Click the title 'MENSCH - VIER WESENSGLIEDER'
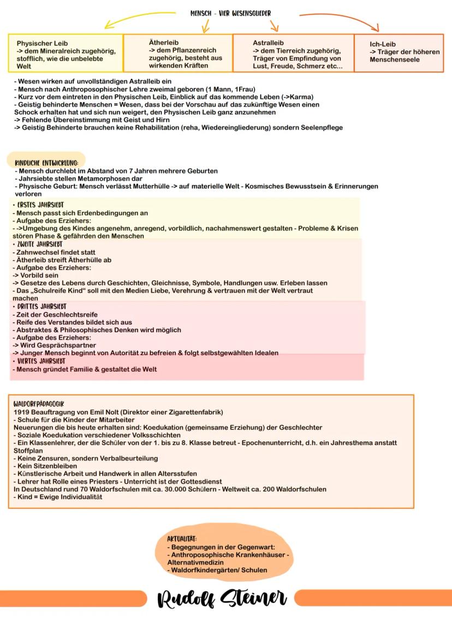(x=230, y=13)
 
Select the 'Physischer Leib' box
(x=66, y=53)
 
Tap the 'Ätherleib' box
(x=178, y=53)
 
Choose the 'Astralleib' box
(x=293, y=53)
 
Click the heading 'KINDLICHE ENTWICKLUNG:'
(x=46, y=162)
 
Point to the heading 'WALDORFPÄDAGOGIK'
(x=38, y=404)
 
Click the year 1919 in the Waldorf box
(x=21, y=412)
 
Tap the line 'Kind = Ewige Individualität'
(x=57, y=497)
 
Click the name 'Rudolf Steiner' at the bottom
(x=222, y=599)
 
